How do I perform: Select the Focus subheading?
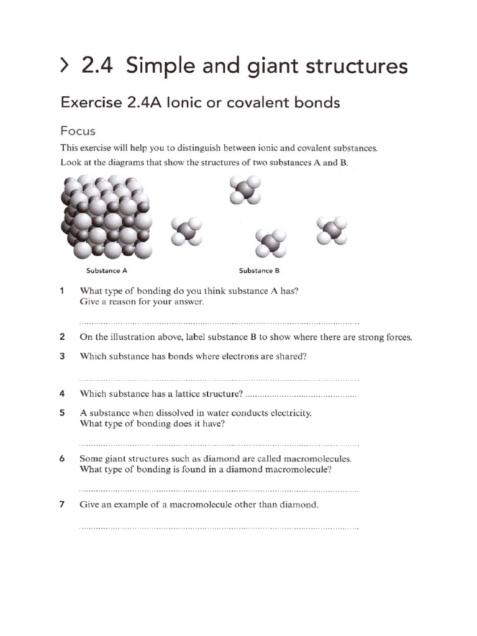tap(78, 131)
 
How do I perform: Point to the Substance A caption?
tap(106, 271)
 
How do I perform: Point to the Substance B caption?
tap(260, 271)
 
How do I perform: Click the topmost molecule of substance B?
tap(245, 189)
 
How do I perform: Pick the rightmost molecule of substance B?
tap(332, 230)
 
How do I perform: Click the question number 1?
tap(62, 291)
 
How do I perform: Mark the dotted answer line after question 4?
tap(301, 395)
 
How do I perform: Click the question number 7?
tap(62, 505)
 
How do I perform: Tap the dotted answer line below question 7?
tap(219, 528)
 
